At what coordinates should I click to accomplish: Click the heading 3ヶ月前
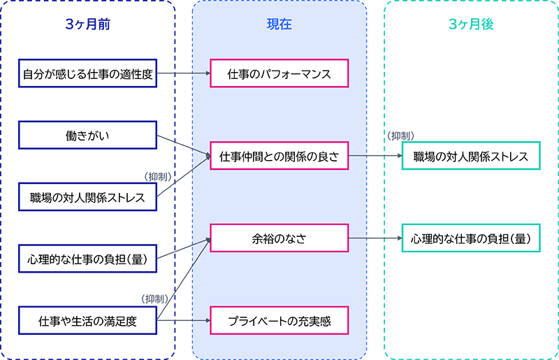tap(87, 24)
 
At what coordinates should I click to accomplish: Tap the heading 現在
tap(279, 24)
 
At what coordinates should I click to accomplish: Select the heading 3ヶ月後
tap(471, 24)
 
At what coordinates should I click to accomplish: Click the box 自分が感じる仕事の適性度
tap(87, 73)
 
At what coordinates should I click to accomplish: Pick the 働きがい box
tap(87, 135)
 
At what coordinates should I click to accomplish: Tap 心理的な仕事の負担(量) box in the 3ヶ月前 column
tap(87, 259)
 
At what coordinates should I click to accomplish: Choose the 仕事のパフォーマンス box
tap(279, 73)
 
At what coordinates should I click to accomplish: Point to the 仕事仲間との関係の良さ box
tap(279, 156)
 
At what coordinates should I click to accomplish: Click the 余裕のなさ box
tap(279, 238)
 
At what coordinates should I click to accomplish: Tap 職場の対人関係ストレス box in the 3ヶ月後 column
tap(471, 156)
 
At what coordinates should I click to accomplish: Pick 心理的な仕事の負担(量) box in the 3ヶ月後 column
tap(471, 238)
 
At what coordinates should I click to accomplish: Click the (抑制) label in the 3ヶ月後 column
tap(401, 135)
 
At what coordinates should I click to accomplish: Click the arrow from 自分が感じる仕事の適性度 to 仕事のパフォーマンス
tap(183, 73)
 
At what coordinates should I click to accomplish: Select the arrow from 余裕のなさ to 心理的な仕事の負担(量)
tap(375, 238)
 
